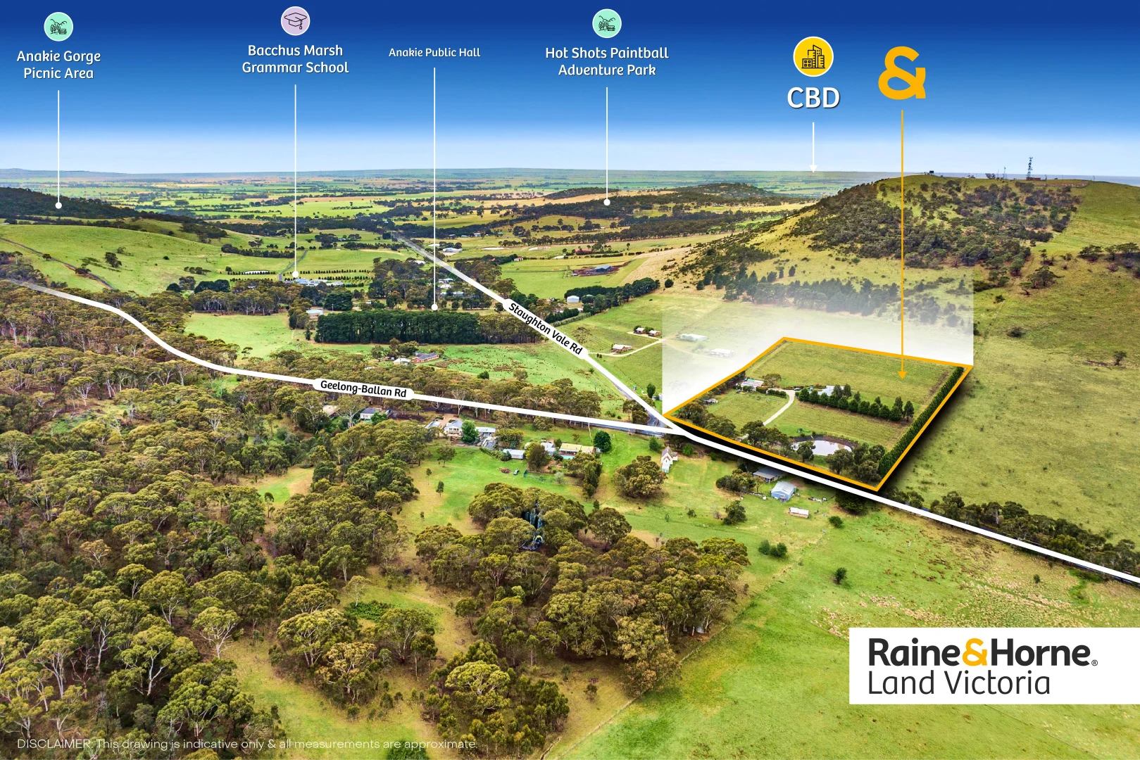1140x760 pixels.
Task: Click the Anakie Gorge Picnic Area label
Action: (x=58, y=65)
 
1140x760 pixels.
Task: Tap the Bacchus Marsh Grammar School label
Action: (x=295, y=59)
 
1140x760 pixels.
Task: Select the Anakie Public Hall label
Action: (x=434, y=52)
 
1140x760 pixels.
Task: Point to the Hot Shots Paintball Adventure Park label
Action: (x=606, y=61)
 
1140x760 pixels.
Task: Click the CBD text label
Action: (x=813, y=98)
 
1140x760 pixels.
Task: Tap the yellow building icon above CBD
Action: (x=813, y=57)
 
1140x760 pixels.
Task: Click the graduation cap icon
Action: (x=295, y=21)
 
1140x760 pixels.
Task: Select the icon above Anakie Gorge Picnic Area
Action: (x=58, y=27)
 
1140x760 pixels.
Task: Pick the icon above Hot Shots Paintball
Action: (x=606, y=23)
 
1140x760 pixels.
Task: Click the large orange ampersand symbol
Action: (x=901, y=73)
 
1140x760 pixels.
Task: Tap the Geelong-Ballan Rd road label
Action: (x=363, y=388)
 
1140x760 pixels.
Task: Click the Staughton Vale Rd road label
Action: (x=546, y=328)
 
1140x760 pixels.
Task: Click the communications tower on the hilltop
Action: (x=1030, y=167)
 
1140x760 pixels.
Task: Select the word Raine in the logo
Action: (x=913, y=653)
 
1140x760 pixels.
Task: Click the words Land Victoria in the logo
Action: (x=958, y=683)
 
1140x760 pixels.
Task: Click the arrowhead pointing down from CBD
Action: (x=813, y=168)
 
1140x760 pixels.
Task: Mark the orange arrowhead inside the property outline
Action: (x=902, y=374)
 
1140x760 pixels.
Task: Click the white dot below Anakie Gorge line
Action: (x=58, y=205)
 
